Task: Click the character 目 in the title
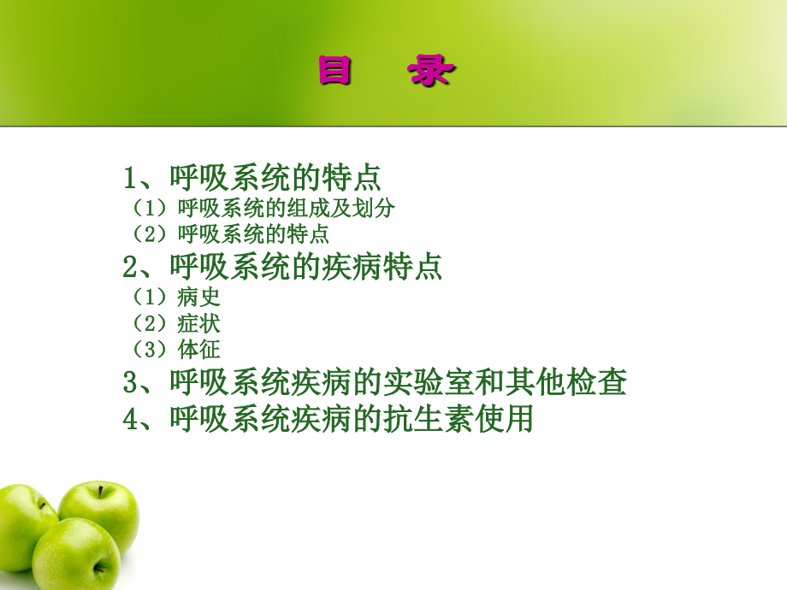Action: tap(335, 72)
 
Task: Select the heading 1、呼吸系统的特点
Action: tap(252, 178)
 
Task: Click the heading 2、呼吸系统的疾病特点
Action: tap(282, 267)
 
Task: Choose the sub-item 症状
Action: tap(198, 323)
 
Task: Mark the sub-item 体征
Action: tap(198, 349)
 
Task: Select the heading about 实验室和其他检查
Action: tap(375, 382)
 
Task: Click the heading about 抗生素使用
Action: tap(328, 419)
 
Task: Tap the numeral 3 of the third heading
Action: tap(131, 383)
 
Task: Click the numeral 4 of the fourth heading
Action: tap(131, 420)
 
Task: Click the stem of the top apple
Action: tap(99, 490)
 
